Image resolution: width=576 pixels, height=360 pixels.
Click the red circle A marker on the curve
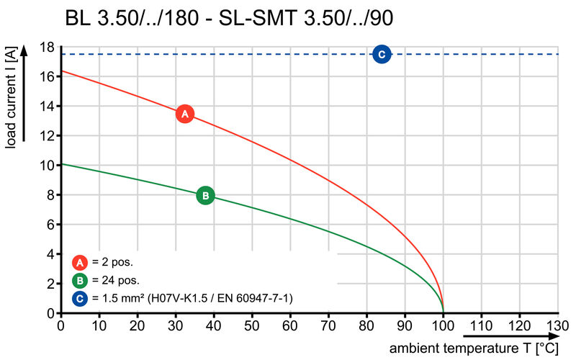(185, 114)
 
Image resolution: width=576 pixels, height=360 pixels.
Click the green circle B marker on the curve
(205, 195)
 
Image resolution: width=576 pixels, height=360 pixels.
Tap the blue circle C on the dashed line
(382, 54)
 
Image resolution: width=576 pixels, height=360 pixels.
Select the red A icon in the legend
(81, 262)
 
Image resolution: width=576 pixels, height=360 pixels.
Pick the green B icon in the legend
(81, 280)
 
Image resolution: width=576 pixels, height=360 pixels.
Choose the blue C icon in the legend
(81, 297)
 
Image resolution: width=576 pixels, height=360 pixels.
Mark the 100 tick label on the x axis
(443, 326)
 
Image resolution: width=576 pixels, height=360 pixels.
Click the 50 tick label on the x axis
(251, 326)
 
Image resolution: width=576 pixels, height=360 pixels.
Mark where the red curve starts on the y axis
(60, 71)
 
